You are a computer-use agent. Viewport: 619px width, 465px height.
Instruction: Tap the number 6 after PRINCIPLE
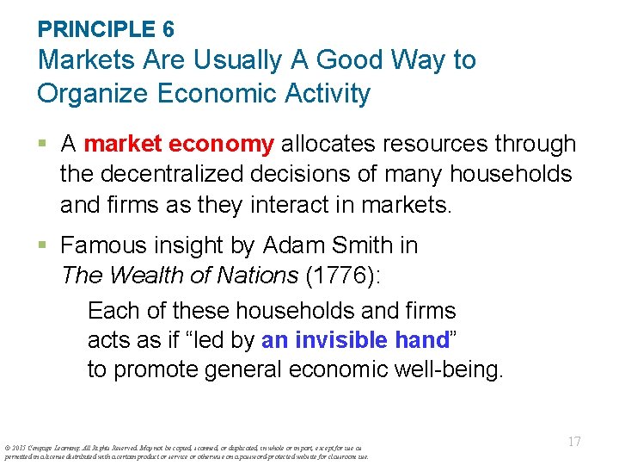168,29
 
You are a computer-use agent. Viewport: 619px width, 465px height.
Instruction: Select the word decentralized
191,174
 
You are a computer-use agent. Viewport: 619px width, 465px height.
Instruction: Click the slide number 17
574,441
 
